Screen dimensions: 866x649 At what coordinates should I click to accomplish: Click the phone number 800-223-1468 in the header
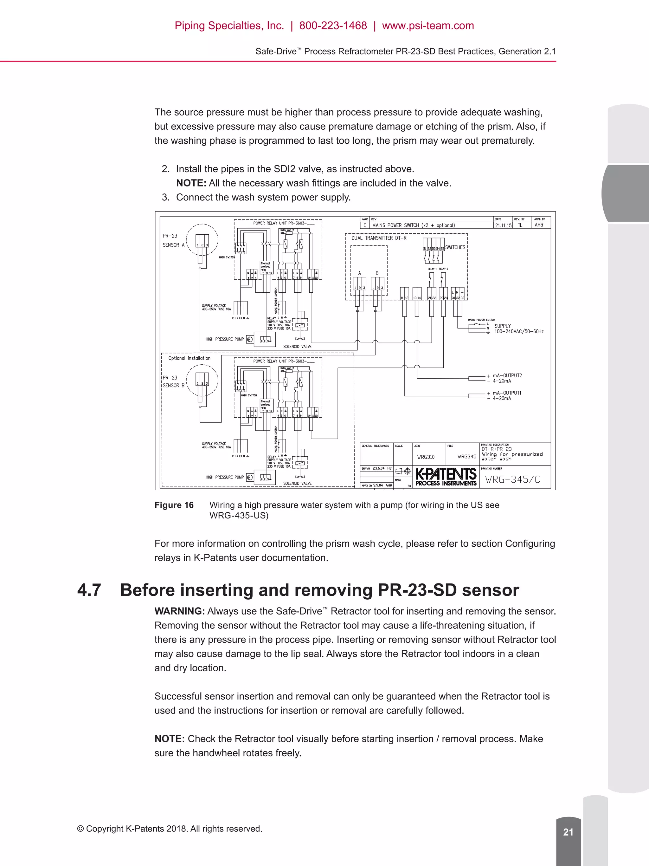[x=333, y=26]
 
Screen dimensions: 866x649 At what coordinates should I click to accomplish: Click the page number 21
[x=568, y=832]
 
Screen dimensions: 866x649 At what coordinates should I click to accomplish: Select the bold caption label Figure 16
[x=174, y=505]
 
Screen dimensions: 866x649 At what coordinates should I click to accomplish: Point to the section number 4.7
[x=89, y=590]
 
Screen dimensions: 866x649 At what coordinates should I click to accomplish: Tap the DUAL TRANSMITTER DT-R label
[x=379, y=238]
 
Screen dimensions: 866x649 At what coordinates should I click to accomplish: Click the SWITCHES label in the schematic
[x=455, y=247]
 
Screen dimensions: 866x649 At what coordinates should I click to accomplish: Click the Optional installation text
[x=189, y=358]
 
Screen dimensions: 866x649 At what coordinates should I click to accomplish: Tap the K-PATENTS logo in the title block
[x=446, y=477]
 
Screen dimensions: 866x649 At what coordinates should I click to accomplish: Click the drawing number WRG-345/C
[x=512, y=479]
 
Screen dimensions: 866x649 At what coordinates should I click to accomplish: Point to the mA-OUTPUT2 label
[x=507, y=375]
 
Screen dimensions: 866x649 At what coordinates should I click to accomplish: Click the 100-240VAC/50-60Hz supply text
[x=519, y=332]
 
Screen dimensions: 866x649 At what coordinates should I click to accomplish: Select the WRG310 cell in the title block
[x=426, y=457]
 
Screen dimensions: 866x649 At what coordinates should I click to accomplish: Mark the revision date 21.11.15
[x=503, y=225]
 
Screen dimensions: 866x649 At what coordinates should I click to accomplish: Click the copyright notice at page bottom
[x=170, y=829]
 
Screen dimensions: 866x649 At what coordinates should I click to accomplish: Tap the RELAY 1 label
[x=432, y=269]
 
